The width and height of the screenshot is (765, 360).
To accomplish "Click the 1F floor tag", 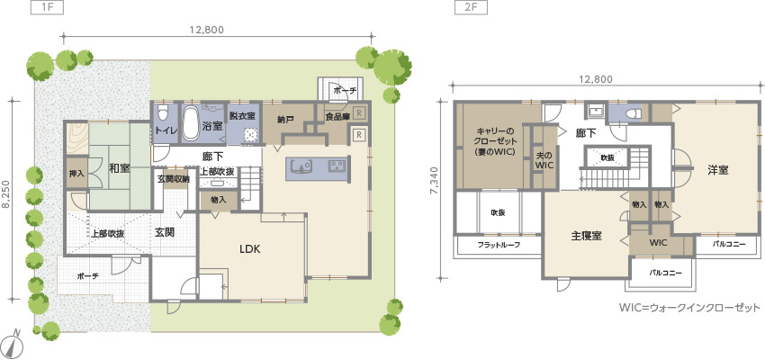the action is coord(47,8).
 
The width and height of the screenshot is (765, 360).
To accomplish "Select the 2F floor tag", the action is coord(469,8).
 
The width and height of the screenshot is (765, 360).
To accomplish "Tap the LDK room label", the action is coord(251,249).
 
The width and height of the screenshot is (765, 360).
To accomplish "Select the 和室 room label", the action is coord(119,169).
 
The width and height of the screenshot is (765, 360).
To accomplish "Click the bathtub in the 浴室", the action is coord(190,123).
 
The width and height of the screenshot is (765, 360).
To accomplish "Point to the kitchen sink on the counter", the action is coord(301,166).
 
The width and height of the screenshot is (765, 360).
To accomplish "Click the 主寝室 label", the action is coord(586,236).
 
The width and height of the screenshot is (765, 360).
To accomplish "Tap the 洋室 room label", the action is coord(719,170).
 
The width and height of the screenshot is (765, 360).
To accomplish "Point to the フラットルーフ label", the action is coord(499,246).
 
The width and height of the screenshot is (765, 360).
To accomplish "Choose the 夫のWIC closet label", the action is coord(544,160).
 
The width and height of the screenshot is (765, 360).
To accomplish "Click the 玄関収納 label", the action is coord(173,179).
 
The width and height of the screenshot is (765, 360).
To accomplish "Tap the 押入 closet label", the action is coord(76,173).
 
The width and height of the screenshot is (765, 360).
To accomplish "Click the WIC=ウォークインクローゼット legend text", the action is coord(690,308).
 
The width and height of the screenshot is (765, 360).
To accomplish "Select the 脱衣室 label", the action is coord(243,116).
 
